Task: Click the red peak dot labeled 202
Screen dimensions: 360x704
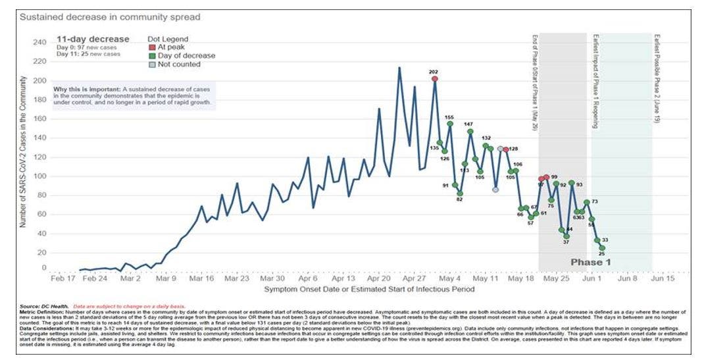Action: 434,79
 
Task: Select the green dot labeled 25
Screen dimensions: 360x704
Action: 601,248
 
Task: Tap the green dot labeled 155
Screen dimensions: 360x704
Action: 450,124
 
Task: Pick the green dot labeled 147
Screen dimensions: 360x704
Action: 470,132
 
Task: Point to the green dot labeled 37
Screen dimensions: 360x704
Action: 566,236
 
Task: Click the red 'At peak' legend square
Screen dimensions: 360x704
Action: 151,48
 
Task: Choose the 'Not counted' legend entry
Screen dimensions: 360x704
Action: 174,64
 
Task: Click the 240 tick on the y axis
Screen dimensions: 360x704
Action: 39,42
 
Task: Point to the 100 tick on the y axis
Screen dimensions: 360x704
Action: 39,176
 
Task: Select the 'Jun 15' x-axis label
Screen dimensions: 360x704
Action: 662,278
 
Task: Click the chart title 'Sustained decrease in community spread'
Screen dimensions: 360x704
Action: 110,16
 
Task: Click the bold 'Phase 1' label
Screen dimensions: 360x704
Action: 590,262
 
